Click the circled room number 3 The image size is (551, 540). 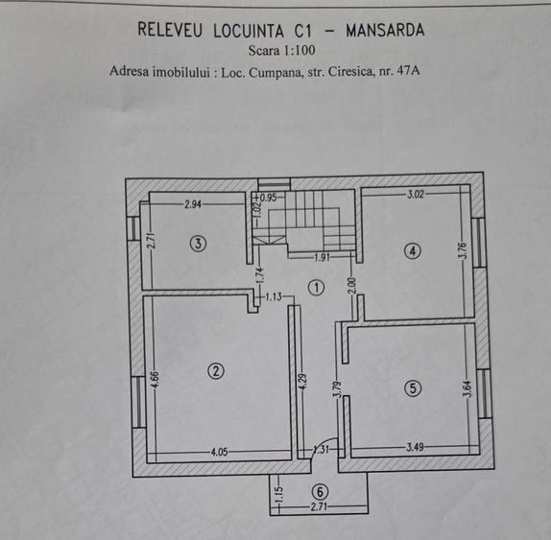point(198,244)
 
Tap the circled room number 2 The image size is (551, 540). point(216,370)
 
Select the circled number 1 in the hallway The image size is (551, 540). point(316,288)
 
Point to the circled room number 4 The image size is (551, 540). point(413,251)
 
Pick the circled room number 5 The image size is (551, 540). point(413,387)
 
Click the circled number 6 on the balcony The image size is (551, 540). point(320,491)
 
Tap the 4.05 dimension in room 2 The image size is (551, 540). point(219,452)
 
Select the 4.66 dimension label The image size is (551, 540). point(155,380)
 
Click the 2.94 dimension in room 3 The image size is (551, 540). point(193,204)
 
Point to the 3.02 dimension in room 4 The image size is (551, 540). point(416,194)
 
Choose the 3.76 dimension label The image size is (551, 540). point(463,250)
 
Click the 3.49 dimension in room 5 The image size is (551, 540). point(415,447)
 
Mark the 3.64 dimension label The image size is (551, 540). point(468,388)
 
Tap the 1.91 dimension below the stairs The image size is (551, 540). point(323,257)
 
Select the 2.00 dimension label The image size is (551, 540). point(353,286)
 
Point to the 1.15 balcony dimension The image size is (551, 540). point(278,494)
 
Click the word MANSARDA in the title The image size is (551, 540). point(385,30)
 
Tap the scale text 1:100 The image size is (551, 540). point(299,51)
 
